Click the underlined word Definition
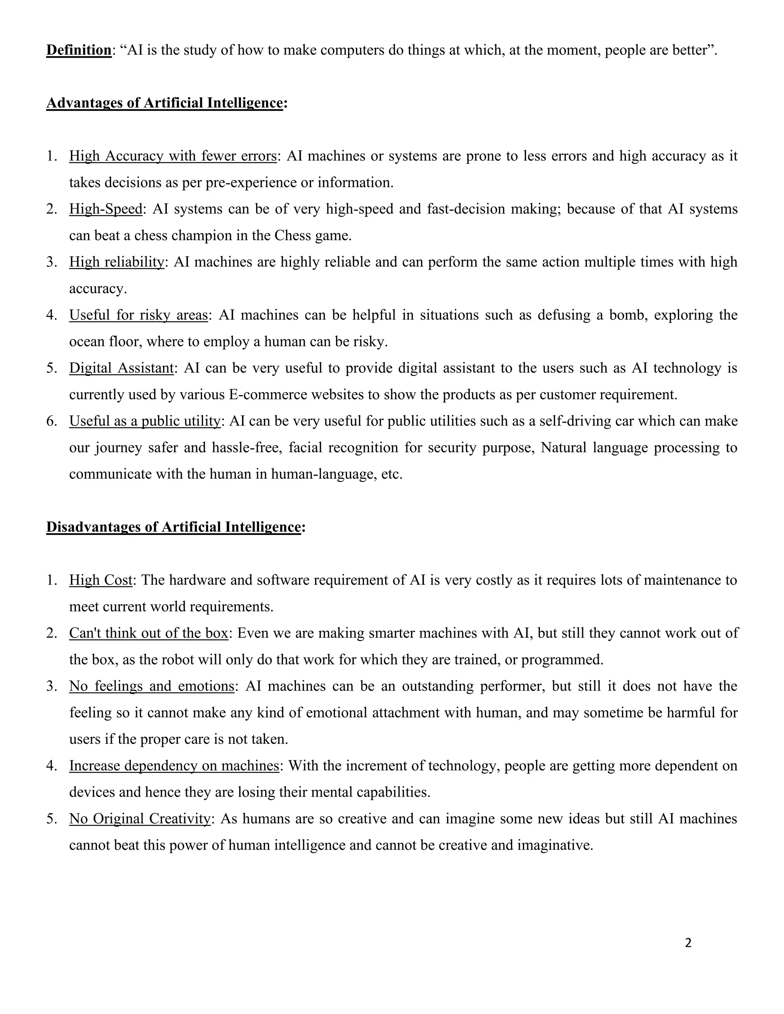click(x=78, y=50)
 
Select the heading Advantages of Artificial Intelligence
click(x=164, y=103)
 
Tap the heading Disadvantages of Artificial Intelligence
click(x=174, y=527)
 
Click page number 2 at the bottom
click(x=688, y=943)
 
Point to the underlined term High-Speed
click(x=105, y=209)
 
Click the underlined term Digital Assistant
click(x=121, y=368)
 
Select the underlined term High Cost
click(x=101, y=580)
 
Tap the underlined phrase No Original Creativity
click(x=140, y=818)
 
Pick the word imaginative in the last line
click(x=555, y=845)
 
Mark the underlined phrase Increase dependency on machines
click(x=174, y=765)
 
